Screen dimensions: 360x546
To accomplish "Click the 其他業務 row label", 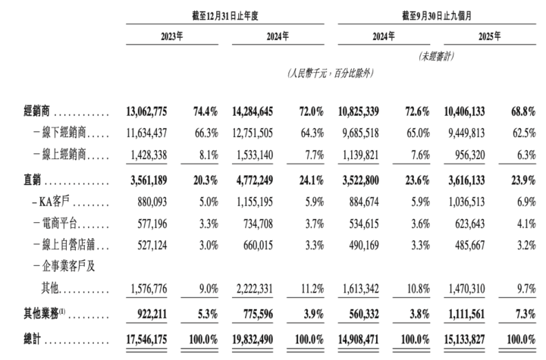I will tap(47, 311).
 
